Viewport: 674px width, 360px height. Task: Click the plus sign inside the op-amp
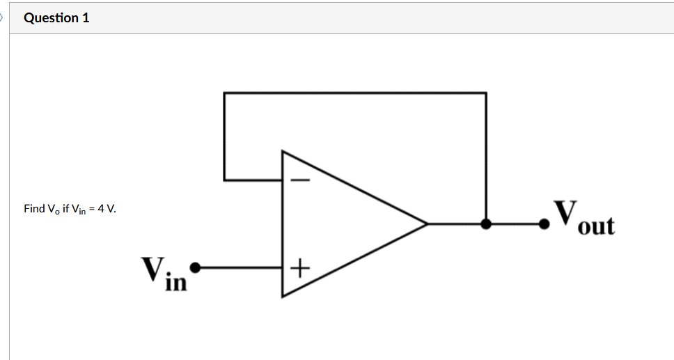pyautogui.click(x=299, y=267)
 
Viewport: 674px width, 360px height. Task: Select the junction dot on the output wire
pyautogui.click(x=486, y=224)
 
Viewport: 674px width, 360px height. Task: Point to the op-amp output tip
pyautogui.click(x=426, y=224)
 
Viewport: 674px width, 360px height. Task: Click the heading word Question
pyautogui.click(x=51, y=18)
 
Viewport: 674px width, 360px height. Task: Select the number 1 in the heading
pyautogui.click(x=86, y=18)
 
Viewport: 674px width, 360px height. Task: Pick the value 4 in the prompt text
pyautogui.click(x=100, y=209)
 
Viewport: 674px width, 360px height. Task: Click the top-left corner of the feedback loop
pyautogui.click(x=224, y=93)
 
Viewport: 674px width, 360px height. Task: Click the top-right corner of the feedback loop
pyautogui.click(x=486, y=93)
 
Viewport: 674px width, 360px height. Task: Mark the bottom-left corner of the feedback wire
pyautogui.click(x=224, y=180)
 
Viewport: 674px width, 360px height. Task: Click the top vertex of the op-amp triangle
pyautogui.click(x=282, y=150)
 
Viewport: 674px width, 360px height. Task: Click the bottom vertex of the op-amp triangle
pyautogui.click(x=282, y=297)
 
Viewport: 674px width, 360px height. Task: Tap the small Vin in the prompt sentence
pyautogui.click(x=79, y=210)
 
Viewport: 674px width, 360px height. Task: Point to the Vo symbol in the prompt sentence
pyautogui.click(x=52, y=210)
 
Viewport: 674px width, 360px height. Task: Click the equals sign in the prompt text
pyautogui.click(x=92, y=209)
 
